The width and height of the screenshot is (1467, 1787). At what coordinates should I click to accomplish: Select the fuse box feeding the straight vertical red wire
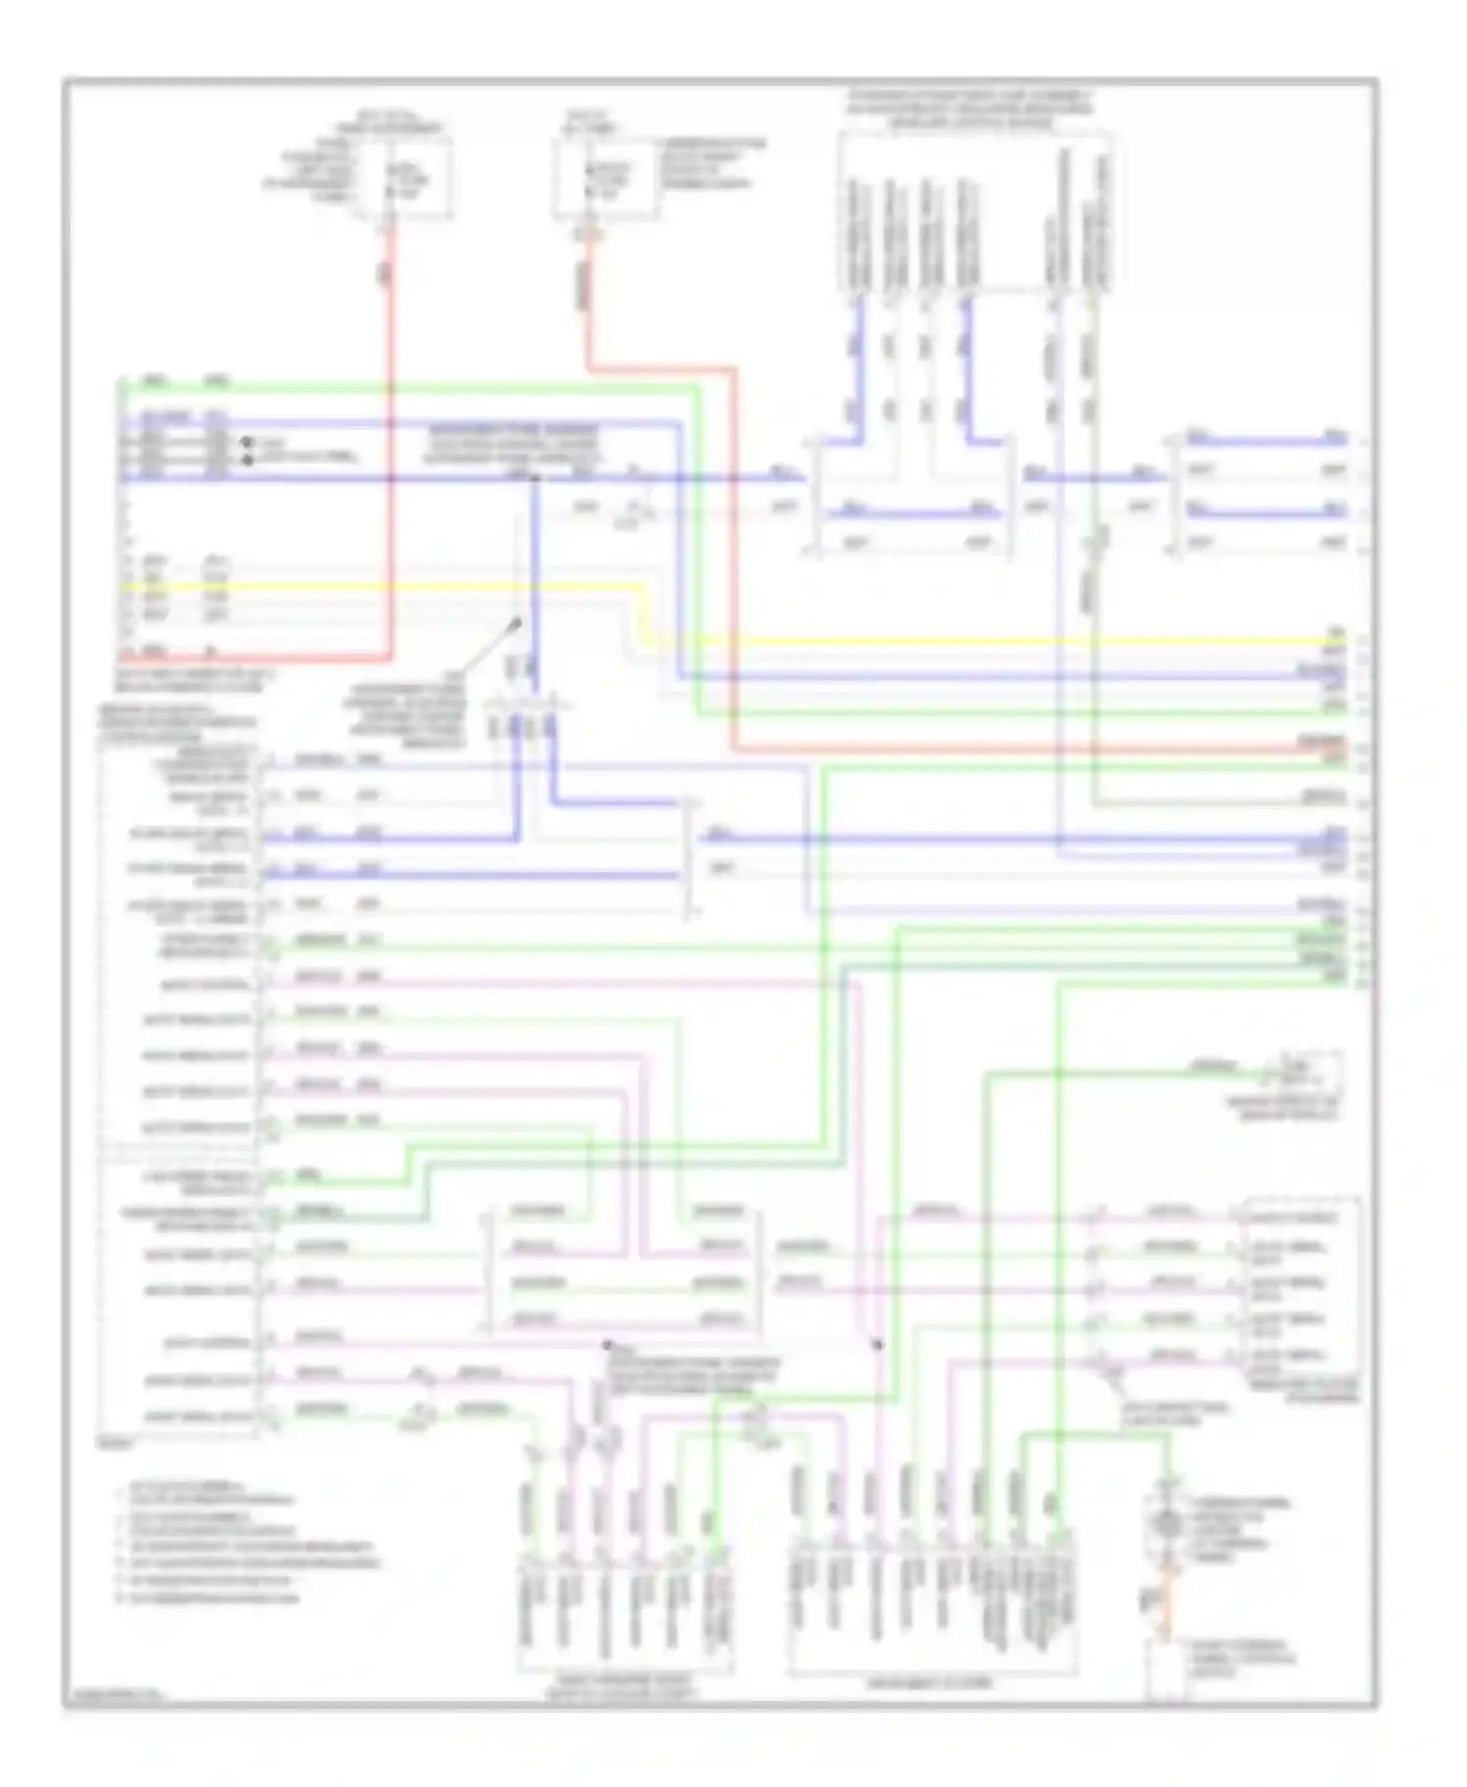click(x=403, y=179)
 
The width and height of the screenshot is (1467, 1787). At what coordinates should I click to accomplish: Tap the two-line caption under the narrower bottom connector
click(x=623, y=1688)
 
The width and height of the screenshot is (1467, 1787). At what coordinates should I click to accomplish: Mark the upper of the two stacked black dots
click(x=246, y=443)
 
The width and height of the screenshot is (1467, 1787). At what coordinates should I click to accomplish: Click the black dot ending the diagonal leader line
click(x=518, y=622)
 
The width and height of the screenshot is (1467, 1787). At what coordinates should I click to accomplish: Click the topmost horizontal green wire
click(x=411, y=385)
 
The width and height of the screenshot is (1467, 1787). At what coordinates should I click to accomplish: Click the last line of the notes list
click(x=205, y=1598)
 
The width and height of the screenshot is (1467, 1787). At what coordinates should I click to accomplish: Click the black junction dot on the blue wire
click(x=535, y=478)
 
